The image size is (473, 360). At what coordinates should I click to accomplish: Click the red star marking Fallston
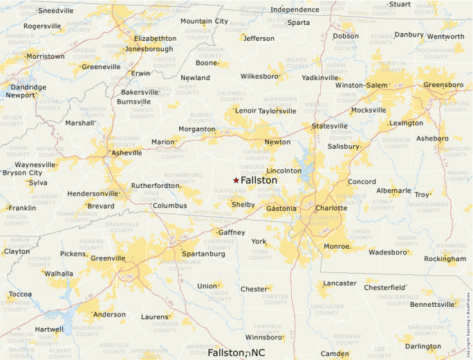[x=236, y=180]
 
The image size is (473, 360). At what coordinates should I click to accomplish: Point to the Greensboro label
[x=443, y=85]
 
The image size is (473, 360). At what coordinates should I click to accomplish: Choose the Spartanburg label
[x=203, y=254]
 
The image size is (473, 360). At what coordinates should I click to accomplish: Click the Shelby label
[x=243, y=205]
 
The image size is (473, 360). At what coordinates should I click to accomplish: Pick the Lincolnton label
[x=284, y=171]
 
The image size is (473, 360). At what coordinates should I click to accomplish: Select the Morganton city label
[x=197, y=129]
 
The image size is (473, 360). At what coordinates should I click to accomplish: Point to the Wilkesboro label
[x=259, y=76]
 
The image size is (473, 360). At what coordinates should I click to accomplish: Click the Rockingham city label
[x=445, y=259]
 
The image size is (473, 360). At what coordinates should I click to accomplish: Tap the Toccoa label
[x=20, y=294]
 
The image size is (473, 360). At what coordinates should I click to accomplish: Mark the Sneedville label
[x=56, y=11]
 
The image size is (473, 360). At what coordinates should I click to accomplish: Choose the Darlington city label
[x=423, y=346]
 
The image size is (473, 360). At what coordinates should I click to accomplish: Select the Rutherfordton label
[x=156, y=186]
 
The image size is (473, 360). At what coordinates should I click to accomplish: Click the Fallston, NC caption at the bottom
[x=236, y=353]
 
